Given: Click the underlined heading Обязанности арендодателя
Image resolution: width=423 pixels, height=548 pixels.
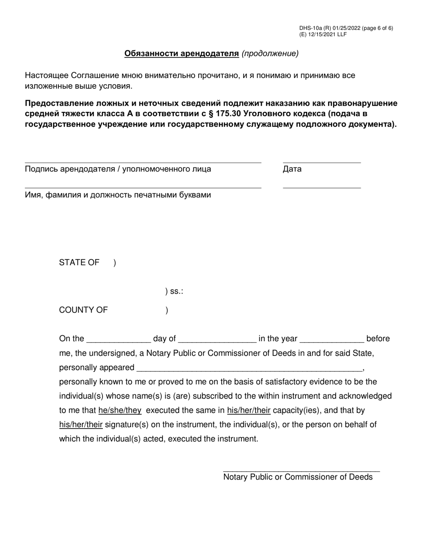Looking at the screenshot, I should (x=182, y=53).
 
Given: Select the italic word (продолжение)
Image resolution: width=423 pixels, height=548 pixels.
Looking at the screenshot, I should (x=270, y=53).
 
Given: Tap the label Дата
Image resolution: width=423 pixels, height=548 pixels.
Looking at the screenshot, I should (x=292, y=169).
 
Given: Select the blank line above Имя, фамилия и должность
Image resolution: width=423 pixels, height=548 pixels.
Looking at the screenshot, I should (x=142, y=188).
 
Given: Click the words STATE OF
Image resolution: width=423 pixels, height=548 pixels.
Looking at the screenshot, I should (x=79, y=262).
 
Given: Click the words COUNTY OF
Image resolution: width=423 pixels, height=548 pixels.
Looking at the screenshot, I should (x=83, y=310).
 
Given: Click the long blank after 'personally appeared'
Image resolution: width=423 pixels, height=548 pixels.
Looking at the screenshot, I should (x=249, y=370).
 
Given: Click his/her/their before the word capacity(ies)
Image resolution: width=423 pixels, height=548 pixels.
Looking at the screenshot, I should (x=248, y=410).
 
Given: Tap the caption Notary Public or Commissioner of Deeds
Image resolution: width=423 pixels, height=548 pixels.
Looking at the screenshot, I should (x=298, y=477).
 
